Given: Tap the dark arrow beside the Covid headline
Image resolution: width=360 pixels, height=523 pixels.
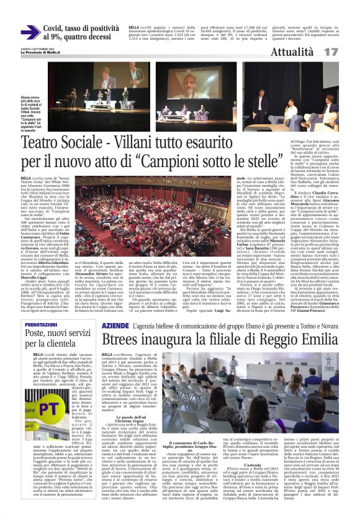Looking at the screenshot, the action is tap(30, 32).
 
